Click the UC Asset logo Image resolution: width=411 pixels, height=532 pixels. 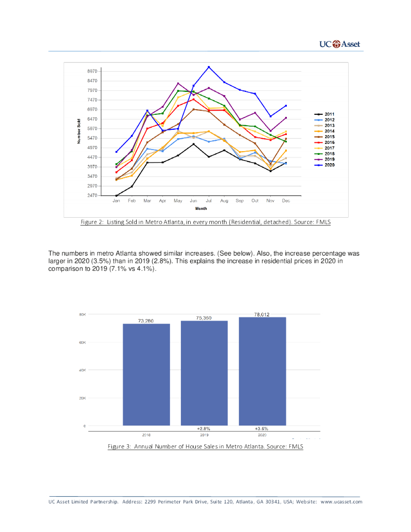click(x=339, y=44)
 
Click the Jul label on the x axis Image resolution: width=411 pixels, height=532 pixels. click(x=209, y=200)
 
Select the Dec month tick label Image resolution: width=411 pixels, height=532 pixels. click(x=286, y=200)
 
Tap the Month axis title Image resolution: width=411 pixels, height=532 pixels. click(x=201, y=208)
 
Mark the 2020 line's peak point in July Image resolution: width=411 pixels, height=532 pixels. click(x=209, y=67)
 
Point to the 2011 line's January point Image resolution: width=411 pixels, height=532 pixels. click(x=116, y=195)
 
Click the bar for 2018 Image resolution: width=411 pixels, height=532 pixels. click(x=146, y=374)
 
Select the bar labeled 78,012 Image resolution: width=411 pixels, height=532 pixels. click(x=262, y=371)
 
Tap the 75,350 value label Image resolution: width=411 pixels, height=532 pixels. click(x=204, y=317)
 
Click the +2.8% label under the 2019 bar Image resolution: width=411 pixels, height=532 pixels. click(x=204, y=429)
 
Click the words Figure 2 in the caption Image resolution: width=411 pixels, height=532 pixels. click(x=92, y=222)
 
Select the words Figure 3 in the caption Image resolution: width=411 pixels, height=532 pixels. click(x=119, y=446)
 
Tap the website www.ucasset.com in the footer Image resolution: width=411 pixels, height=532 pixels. click(x=341, y=502)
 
